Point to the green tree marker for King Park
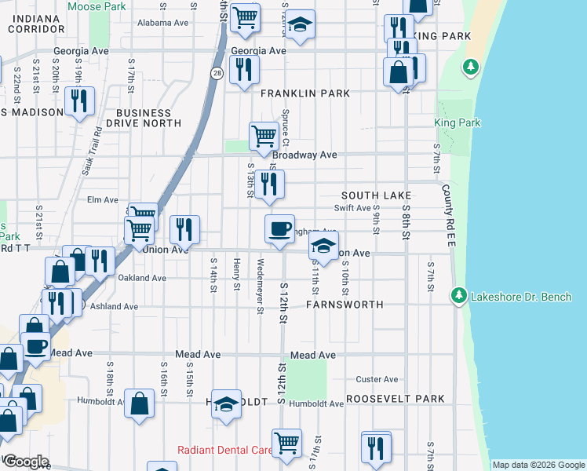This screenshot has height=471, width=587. [x=471, y=68]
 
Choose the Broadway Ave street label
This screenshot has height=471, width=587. [x=304, y=155]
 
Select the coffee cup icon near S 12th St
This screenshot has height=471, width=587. [x=279, y=228]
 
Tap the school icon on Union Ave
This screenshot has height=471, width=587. [x=323, y=245]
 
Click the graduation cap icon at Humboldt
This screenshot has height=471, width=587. [x=226, y=403]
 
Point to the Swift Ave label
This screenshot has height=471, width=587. [x=352, y=208]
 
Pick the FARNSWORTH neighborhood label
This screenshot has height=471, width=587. [x=345, y=304]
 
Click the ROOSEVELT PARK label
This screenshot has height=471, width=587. [x=396, y=399]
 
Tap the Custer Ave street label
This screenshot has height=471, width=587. [x=373, y=379]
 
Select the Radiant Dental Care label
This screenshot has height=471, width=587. [x=224, y=450]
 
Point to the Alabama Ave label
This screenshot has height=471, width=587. [x=163, y=23]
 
